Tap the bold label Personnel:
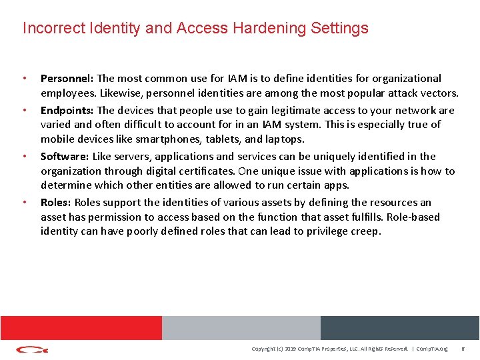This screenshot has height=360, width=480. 67,79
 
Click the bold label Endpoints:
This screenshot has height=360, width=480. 67,111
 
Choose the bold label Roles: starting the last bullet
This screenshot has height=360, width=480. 56,203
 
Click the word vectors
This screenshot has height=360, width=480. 437,93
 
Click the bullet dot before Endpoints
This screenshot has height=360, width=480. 25,111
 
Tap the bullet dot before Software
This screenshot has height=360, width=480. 25,157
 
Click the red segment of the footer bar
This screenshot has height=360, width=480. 81,327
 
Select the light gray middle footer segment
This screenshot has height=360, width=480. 241,327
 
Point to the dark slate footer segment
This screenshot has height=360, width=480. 400,327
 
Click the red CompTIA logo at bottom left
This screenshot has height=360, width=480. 32,349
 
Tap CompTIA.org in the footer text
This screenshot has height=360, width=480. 433,349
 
